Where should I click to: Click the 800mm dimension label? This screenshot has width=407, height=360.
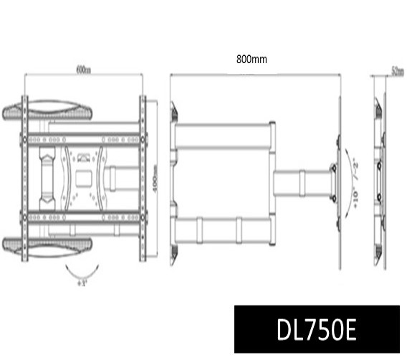click(252, 60)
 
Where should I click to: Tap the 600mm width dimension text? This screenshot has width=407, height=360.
click(83, 70)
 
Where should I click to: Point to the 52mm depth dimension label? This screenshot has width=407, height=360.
click(396, 70)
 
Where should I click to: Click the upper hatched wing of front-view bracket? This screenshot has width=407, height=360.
click(47, 112)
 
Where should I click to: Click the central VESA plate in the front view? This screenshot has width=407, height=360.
click(84, 176)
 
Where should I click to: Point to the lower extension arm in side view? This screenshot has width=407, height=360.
click(222, 229)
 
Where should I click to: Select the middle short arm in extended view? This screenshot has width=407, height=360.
click(301, 182)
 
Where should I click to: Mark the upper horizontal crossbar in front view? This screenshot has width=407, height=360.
click(84, 137)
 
